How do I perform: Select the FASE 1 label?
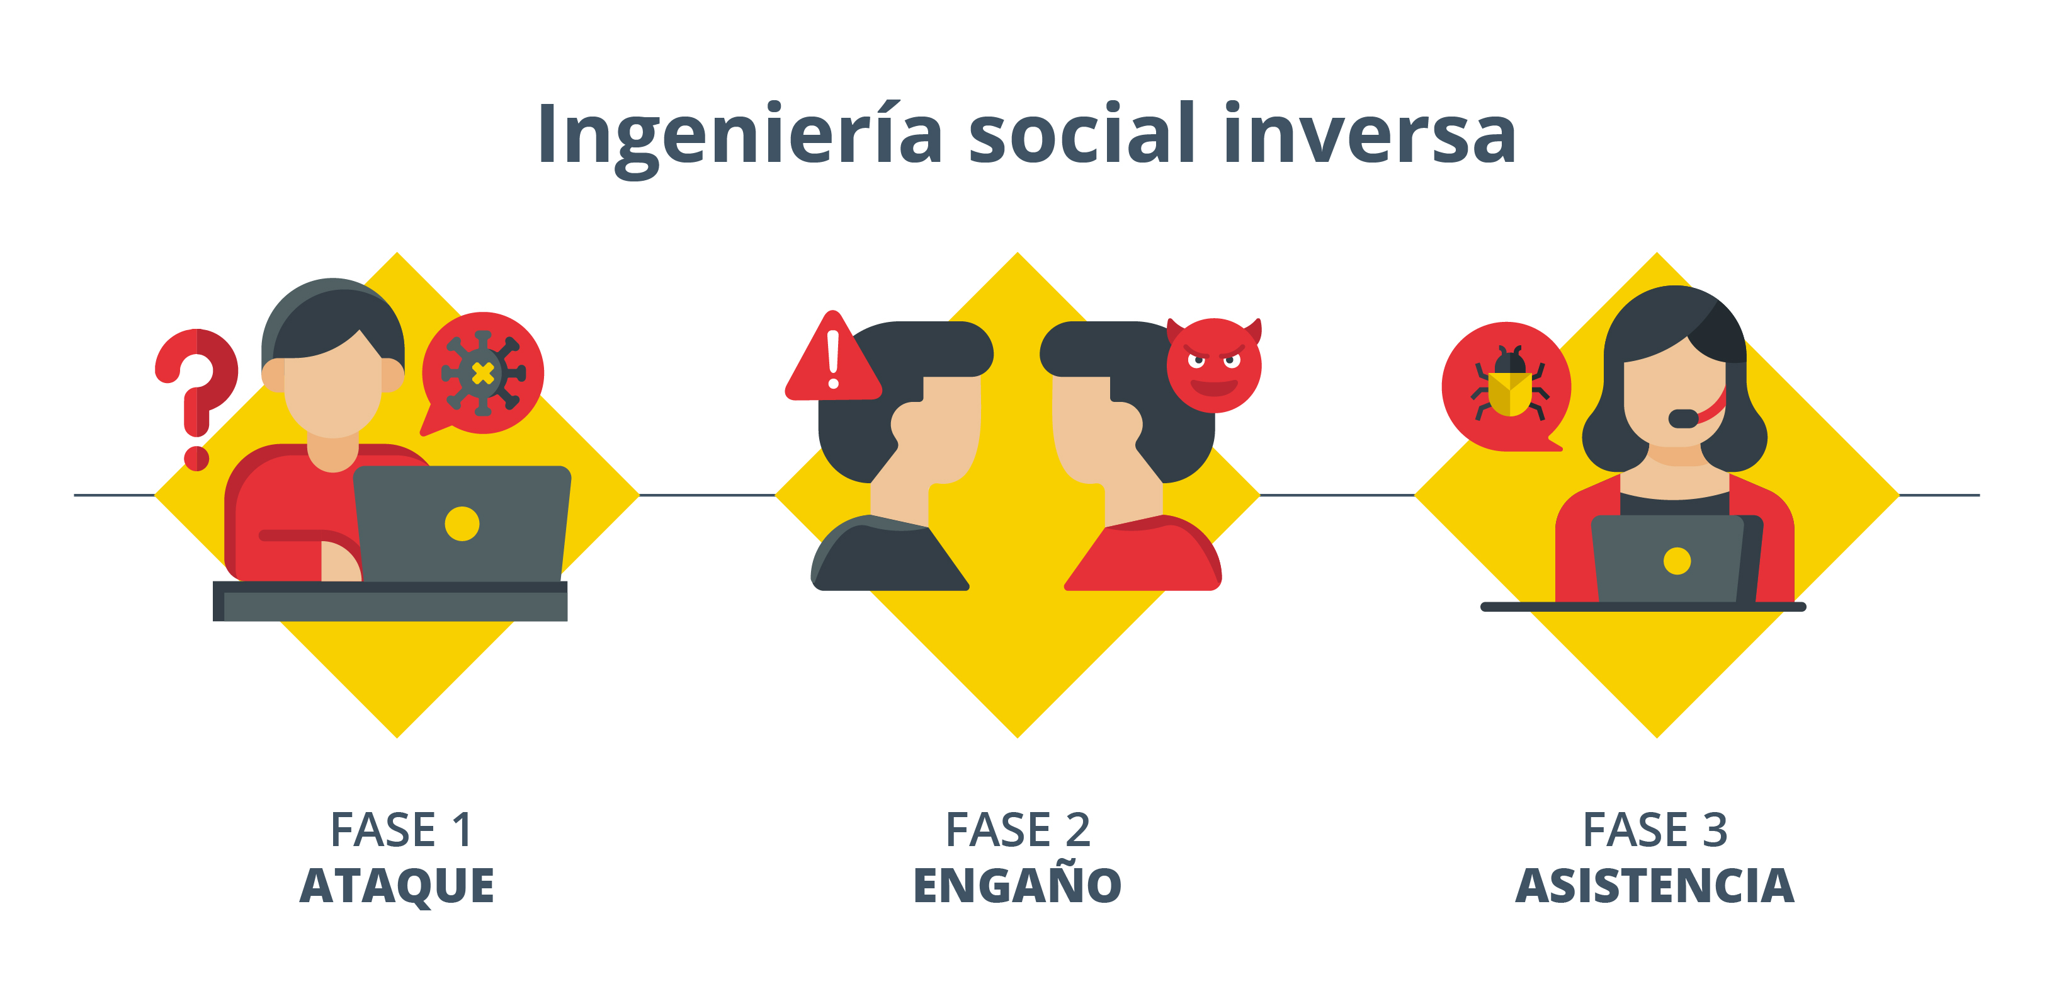coord(401,829)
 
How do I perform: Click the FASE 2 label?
coord(1018,829)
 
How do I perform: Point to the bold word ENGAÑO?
coord(1018,885)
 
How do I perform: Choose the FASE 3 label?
coord(1655,829)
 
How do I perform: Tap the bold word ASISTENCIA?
coord(1655,885)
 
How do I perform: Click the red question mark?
coord(197,391)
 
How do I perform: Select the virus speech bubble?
coord(482,373)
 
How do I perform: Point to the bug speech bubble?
coord(1506,387)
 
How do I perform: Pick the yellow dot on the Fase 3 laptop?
coord(1677,561)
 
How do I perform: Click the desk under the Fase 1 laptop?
coord(390,602)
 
